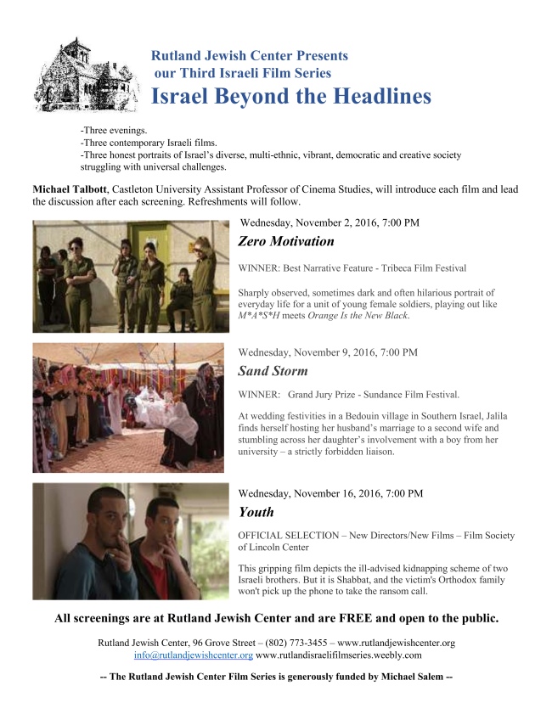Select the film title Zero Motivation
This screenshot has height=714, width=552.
(286, 241)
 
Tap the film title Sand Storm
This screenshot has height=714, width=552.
(273, 371)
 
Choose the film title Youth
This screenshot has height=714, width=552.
(256, 512)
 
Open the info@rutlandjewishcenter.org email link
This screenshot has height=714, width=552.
(194, 655)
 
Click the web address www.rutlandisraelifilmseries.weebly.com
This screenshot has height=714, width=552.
(339, 655)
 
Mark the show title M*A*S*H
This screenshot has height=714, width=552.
(261, 316)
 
